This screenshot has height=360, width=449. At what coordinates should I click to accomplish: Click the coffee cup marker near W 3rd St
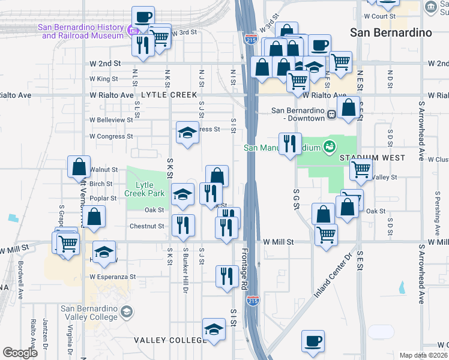pyautogui.click(x=143, y=17)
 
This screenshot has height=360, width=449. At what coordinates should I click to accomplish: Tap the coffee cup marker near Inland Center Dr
pyautogui.click(x=313, y=342)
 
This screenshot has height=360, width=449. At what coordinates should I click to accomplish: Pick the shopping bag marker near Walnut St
pyautogui.click(x=79, y=167)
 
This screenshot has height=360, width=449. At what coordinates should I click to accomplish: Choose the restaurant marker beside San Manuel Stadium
pyautogui.click(x=290, y=144)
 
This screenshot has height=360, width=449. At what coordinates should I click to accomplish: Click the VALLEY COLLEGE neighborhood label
pyautogui.click(x=170, y=340)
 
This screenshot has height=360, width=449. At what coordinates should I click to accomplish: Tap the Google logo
pyautogui.click(x=20, y=353)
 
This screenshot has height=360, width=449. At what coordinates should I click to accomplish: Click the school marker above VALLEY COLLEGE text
pyautogui.click(x=214, y=329)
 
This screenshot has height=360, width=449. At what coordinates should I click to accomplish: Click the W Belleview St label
pyautogui.click(x=111, y=120)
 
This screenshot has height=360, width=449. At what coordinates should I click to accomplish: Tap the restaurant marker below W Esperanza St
pyautogui.click(x=226, y=277)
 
